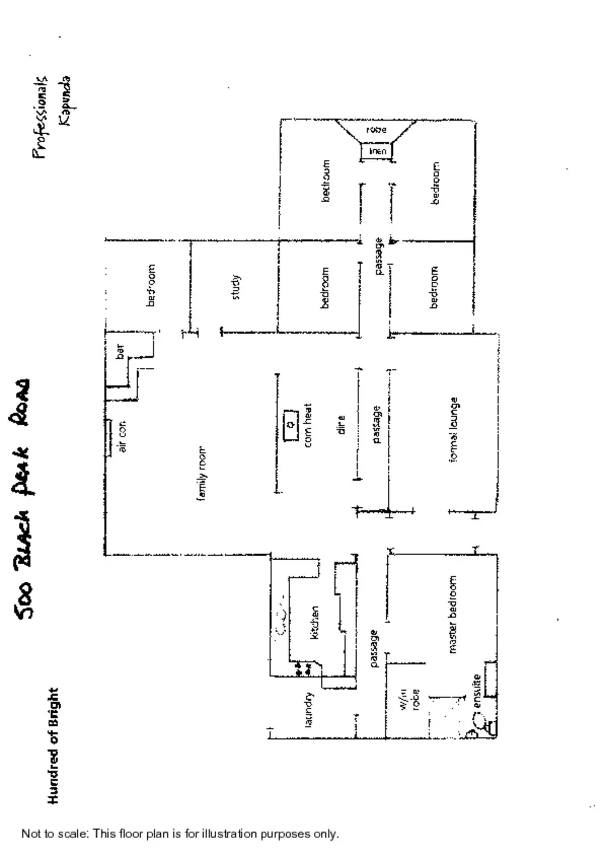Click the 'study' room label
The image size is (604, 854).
tap(238, 287)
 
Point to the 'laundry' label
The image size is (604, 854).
tap(309, 709)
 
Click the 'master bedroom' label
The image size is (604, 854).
tap(453, 614)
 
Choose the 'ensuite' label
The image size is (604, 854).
tap(477, 691)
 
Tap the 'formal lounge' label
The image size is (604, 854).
tap(454, 430)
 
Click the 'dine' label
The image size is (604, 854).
tap(341, 425)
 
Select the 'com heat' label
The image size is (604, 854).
tap(308, 425)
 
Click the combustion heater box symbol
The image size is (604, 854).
tap(291, 425)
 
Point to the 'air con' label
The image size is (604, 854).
tap(123, 437)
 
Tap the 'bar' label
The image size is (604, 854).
tap(120, 352)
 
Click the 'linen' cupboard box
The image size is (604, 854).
tap(377, 151)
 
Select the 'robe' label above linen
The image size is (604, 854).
tap(376, 130)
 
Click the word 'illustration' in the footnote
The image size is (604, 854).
tap(229, 834)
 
